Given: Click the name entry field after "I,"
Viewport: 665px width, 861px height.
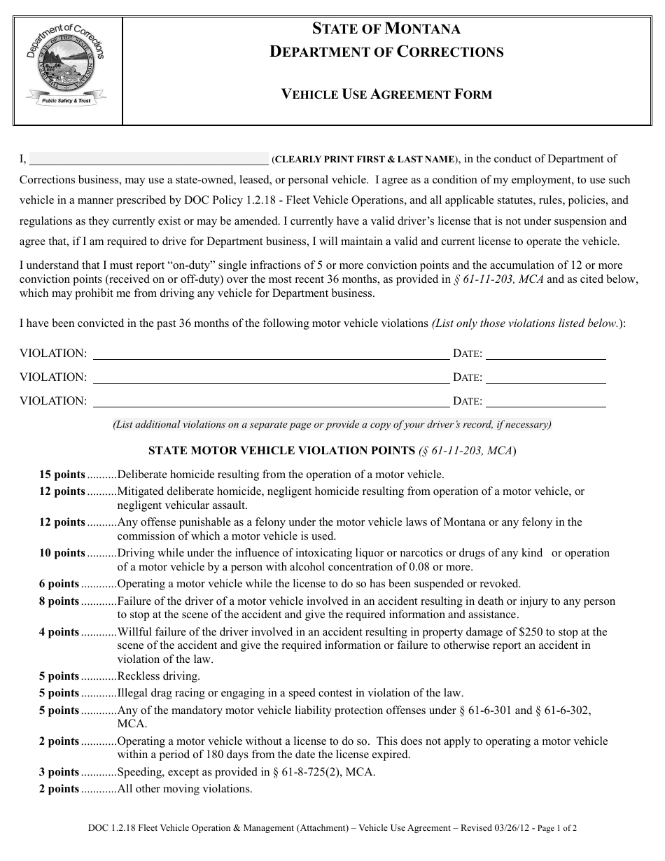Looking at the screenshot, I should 148,158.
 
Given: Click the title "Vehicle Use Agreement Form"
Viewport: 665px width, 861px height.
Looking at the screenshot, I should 386,94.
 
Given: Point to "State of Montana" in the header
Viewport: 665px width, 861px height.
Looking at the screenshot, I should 386,29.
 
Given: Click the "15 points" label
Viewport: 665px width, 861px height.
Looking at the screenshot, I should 62,475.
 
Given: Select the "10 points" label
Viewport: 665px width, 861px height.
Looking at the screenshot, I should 62,553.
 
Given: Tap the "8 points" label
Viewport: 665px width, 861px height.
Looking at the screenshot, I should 59,601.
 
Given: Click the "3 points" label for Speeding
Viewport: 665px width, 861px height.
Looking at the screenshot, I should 59,772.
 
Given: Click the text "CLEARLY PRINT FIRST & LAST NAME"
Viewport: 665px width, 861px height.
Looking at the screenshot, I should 365,160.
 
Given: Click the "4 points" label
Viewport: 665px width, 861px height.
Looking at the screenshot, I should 59,632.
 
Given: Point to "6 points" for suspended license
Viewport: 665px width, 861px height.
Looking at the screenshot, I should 59,584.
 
